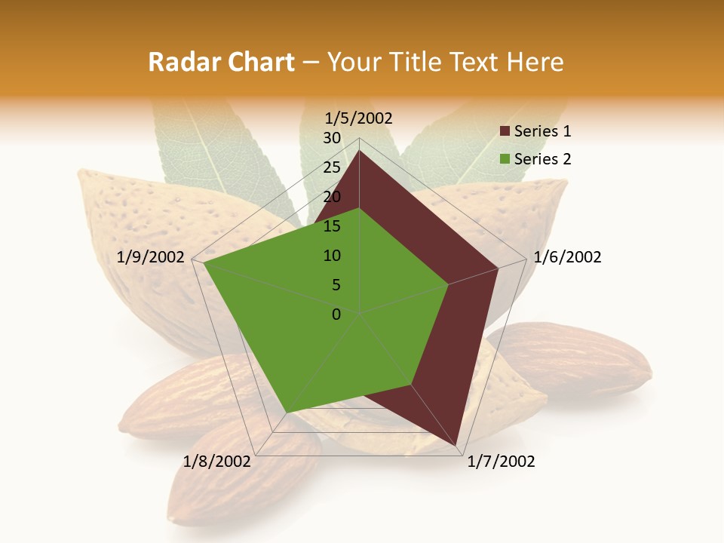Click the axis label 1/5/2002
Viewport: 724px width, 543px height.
[x=359, y=118]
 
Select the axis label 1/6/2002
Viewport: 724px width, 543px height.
[x=567, y=257]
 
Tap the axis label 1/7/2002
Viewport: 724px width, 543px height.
[x=501, y=462]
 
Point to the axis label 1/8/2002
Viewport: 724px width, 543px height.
[x=217, y=462]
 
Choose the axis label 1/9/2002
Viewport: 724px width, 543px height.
[x=151, y=257]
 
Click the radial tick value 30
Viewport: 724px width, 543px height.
[x=332, y=138]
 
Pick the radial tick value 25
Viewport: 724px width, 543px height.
[x=332, y=167]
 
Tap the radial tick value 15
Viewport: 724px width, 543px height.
[x=332, y=226]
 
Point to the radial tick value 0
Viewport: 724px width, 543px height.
[x=336, y=314]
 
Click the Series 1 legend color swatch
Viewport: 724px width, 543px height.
[x=505, y=132]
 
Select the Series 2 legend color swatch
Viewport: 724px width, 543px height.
[x=505, y=159]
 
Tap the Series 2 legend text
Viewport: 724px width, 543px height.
[x=543, y=159]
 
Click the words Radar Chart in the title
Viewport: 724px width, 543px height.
[x=221, y=63]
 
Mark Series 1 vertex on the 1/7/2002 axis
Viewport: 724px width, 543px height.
[x=456, y=445]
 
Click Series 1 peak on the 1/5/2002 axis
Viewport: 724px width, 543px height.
[x=359, y=151]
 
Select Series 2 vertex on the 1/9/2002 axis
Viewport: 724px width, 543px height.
[x=204, y=263]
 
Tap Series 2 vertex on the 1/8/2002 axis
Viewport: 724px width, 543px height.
[x=286, y=413]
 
